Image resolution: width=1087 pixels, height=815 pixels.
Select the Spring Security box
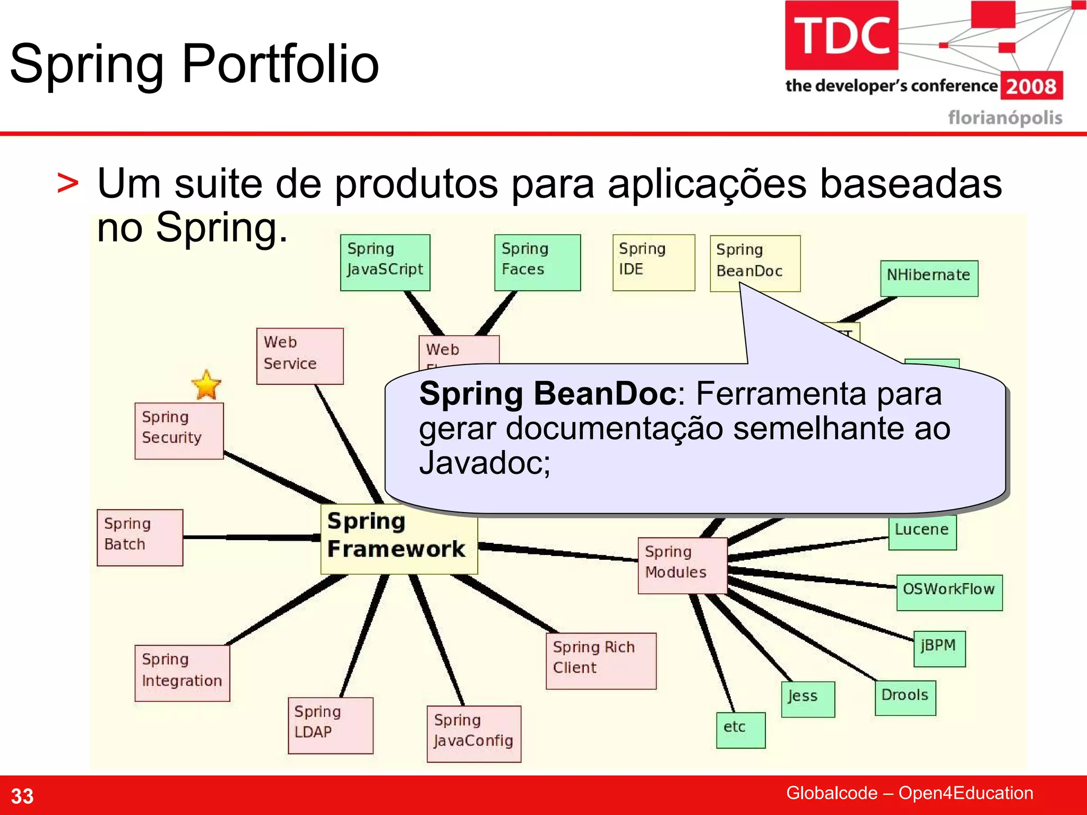(x=179, y=430)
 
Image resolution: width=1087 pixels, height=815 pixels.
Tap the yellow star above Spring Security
(x=206, y=385)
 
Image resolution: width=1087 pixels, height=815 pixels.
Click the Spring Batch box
(x=140, y=537)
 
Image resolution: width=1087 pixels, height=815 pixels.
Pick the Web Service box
(x=300, y=356)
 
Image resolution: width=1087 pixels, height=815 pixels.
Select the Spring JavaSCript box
(x=385, y=262)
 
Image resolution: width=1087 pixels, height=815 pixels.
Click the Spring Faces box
(x=537, y=262)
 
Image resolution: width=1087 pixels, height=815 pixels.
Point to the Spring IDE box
(x=653, y=262)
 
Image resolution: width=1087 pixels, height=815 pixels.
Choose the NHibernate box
(x=929, y=278)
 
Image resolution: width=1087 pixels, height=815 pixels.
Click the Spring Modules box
(x=682, y=565)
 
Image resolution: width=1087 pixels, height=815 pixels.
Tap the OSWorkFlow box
(x=949, y=592)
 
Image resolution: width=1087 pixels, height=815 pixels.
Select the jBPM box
(x=939, y=648)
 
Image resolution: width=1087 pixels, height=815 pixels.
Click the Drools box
(x=905, y=698)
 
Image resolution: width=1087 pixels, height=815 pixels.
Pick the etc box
(x=740, y=730)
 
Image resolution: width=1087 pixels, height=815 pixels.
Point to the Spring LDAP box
(x=330, y=725)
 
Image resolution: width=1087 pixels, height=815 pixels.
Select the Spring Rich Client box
(x=601, y=661)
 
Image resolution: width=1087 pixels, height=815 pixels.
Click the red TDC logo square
(x=841, y=35)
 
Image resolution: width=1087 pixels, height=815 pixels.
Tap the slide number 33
(x=22, y=796)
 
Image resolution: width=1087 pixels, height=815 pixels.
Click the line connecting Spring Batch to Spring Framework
(x=249, y=537)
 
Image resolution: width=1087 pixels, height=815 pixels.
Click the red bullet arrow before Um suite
(x=68, y=184)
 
